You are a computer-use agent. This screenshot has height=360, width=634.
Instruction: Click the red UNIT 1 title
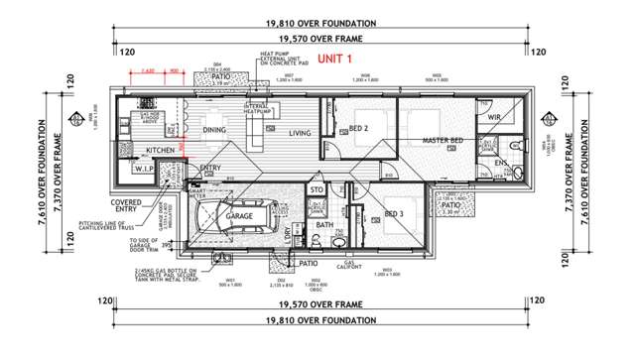(336, 60)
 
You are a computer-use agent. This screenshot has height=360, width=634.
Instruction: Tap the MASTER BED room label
(443, 142)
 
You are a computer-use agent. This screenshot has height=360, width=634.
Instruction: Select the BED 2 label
(358, 129)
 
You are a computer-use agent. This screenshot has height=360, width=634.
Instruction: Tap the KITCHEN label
(160, 150)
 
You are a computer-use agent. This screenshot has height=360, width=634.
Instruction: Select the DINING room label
(215, 129)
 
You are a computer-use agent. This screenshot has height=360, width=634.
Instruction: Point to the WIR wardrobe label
(494, 117)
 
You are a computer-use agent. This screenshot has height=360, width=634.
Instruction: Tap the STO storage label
(317, 189)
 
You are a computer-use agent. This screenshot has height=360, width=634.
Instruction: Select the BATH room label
(324, 225)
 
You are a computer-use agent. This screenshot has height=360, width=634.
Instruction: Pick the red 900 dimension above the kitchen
(174, 70)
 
